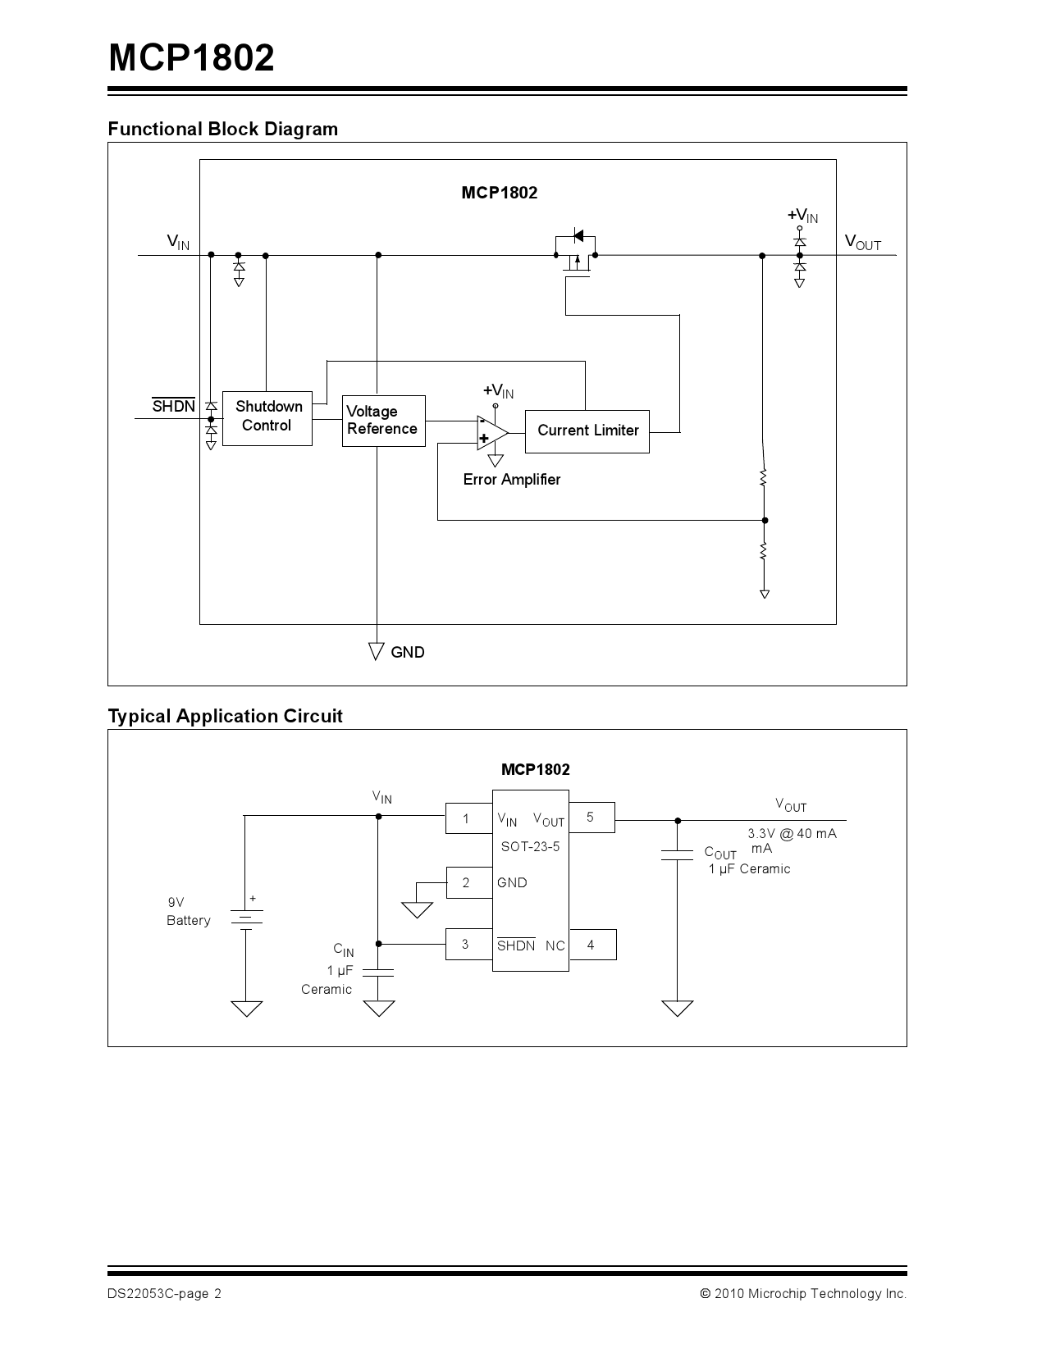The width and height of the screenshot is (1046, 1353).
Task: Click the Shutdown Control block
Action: (x=267, y=418)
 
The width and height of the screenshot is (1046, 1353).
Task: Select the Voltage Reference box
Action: (x=383, y=421)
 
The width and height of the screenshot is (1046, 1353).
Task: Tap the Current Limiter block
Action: (x=587, y=431)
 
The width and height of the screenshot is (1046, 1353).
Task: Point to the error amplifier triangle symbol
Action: (x=491, y=432)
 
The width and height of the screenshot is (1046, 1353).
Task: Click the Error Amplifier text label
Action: (x=511, y=480)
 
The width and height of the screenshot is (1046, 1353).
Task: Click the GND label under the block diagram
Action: (x=407, y=653)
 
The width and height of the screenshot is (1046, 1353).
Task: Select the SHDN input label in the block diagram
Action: (x=174, y=406)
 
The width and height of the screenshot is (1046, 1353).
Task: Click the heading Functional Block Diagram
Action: (x=222, y=129)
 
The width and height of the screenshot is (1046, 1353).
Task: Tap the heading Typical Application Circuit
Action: (x=225, y=716)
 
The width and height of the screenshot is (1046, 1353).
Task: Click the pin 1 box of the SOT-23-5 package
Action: (x=468, y=818)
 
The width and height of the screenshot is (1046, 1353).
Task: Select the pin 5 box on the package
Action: (x=591, y=818)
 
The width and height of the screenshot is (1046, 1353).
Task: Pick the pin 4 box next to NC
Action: (x=592, y=945)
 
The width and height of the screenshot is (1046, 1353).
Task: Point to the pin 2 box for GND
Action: (x=468, y=882)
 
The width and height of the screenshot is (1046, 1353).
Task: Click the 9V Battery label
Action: (x=188, y=912)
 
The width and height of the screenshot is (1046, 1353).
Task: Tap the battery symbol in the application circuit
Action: (x=246, y=918)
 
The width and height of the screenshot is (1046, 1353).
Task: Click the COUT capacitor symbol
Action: (x=677, y=856)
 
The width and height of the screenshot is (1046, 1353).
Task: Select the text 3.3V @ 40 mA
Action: (x=792, y=833)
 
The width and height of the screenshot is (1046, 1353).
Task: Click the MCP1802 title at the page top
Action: (x=191, y=59)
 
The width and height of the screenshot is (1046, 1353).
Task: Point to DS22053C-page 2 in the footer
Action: (x=164, y=1294)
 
